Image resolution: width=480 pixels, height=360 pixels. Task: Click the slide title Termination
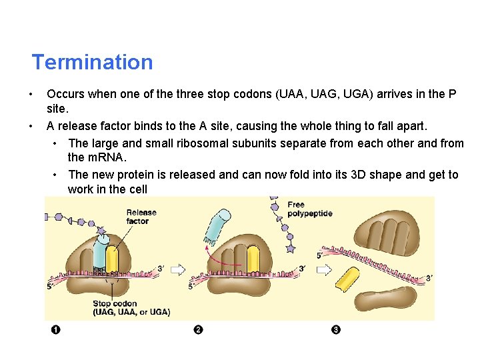(92, 62)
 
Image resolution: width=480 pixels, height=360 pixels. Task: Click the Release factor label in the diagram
(141, 217)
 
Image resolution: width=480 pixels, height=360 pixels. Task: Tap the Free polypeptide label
(309, 209)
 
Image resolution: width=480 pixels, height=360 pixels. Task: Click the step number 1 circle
(56, 330)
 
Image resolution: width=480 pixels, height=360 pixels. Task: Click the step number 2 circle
(198, 330)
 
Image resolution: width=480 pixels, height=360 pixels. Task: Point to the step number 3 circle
(335, 330)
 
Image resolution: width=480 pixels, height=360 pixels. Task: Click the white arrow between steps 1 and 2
(178, 269)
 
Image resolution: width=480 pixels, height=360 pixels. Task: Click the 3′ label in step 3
(429, 278)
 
